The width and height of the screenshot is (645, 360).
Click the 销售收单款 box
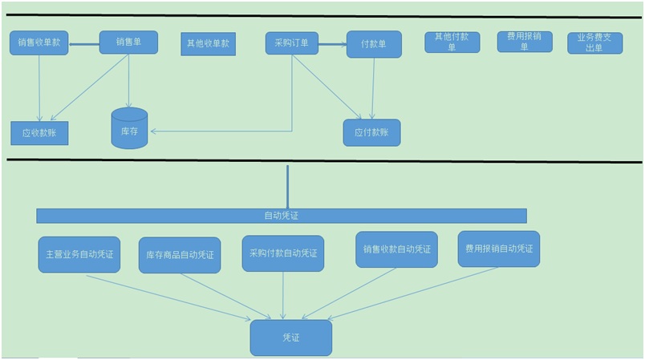coord(39,42)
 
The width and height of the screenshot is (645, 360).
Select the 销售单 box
coord(128,42)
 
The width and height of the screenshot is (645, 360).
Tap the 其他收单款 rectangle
coord(208,43)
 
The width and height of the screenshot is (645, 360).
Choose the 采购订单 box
coord(292,42)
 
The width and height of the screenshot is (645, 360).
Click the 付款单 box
coord(374,43)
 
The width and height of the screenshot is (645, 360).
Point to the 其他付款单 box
coord(452,42)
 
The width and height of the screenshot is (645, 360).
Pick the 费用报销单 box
coord(525,42)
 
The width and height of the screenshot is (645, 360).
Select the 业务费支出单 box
coord(594,42)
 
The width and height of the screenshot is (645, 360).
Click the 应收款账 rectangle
coord(39,133)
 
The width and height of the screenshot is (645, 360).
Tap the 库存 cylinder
coord(129,129)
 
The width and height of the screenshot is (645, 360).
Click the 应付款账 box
coord(371,132)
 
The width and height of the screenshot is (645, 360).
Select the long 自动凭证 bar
coord(281,216)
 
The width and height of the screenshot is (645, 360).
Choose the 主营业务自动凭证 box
coord(79,254)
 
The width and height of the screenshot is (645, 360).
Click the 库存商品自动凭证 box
coord(180,255)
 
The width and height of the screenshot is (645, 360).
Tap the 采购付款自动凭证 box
coord(283,253)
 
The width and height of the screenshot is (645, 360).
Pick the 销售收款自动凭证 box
coord(396,249)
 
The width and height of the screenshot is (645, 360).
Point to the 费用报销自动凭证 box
coord(498,249)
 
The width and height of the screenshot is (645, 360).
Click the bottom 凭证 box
coord(290,338)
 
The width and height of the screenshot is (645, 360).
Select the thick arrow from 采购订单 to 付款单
coord(332,44)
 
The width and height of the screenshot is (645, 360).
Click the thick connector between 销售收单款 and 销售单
coord(84,43)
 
